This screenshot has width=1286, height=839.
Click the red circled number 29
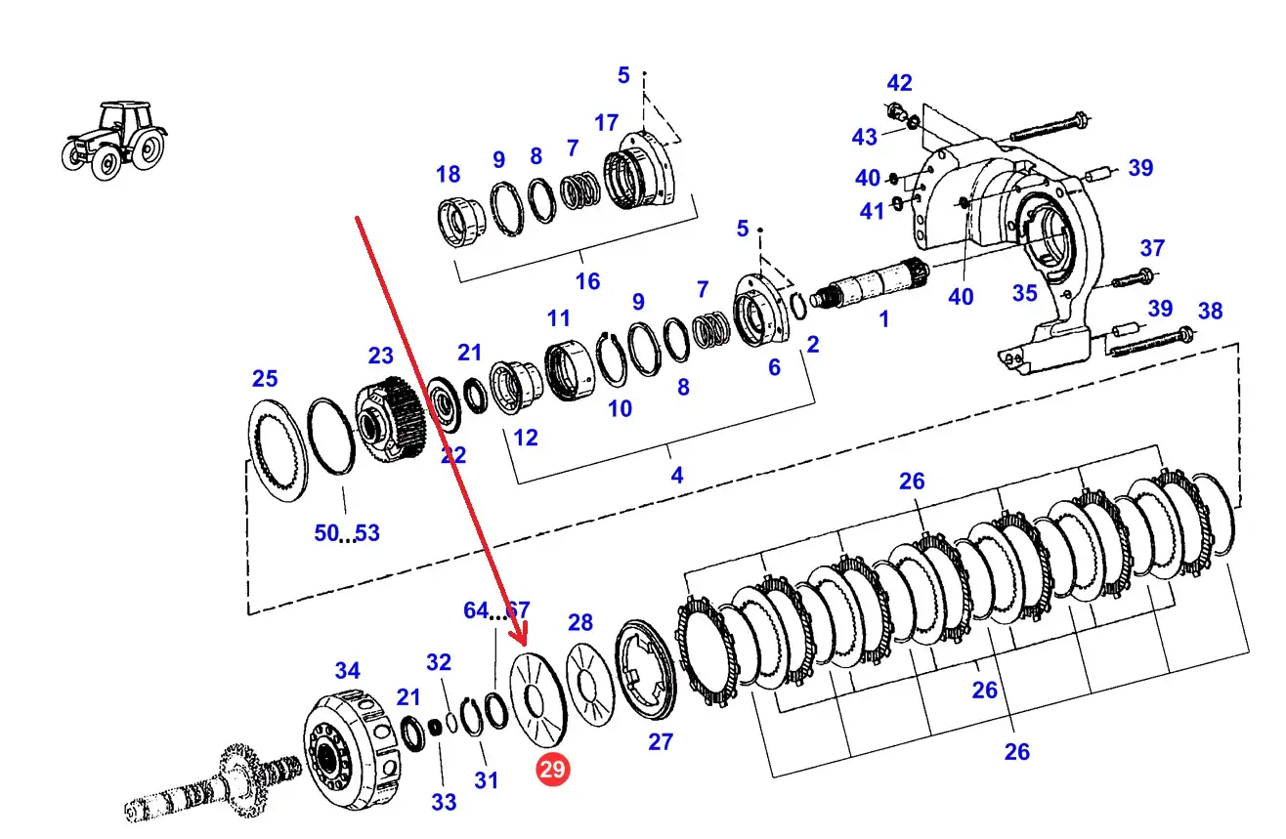(x=552, y=770)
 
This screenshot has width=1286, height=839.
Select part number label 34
(x=347, y=671)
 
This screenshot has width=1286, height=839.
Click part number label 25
(x=265, y=379)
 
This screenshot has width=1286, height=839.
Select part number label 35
(x=1024, y=293)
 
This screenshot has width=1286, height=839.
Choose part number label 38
(x=1210, y=312)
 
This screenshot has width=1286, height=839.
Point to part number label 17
(x=606, y=123)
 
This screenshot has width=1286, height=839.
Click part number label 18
(x=448, y=175)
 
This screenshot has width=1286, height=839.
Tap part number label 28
(x=580, y=622)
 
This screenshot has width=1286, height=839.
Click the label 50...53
(x=347, y=533)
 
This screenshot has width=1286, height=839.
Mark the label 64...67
(x=495, y=611)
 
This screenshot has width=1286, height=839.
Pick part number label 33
(x=444, y=802)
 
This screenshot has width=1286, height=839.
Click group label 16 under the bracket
(x=587, y=281)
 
